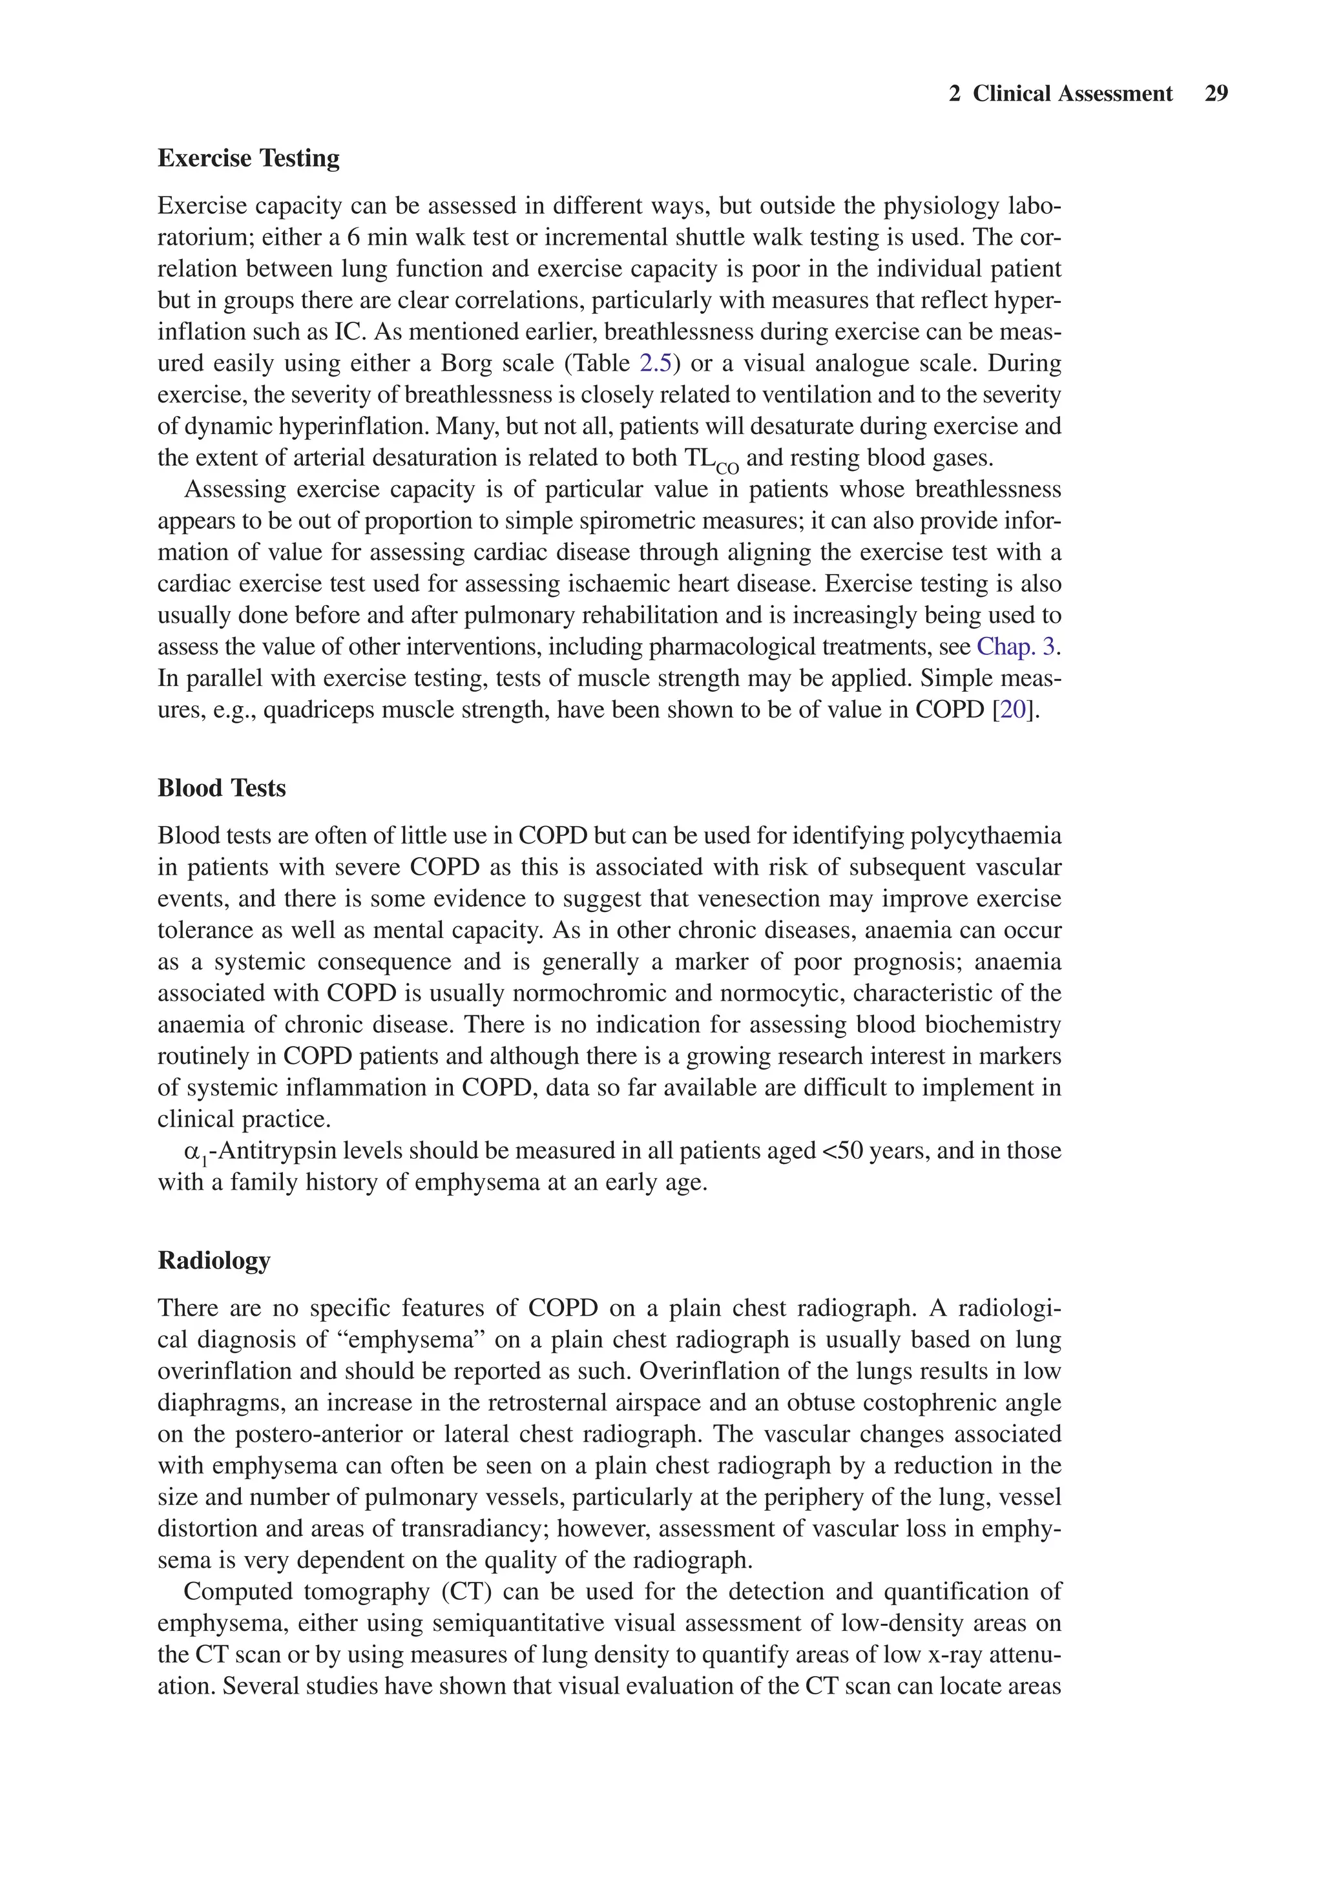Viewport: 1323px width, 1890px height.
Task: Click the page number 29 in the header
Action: pos(1215,94)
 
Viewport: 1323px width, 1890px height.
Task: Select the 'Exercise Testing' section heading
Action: pos(248,158)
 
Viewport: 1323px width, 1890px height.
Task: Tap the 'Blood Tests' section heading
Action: pos(222,788)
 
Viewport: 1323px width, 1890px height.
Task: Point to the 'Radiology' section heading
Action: pos(213,1260)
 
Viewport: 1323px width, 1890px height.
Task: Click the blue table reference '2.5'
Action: pos(655,363)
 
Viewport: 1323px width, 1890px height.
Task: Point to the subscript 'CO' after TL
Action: pos(726,468)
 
